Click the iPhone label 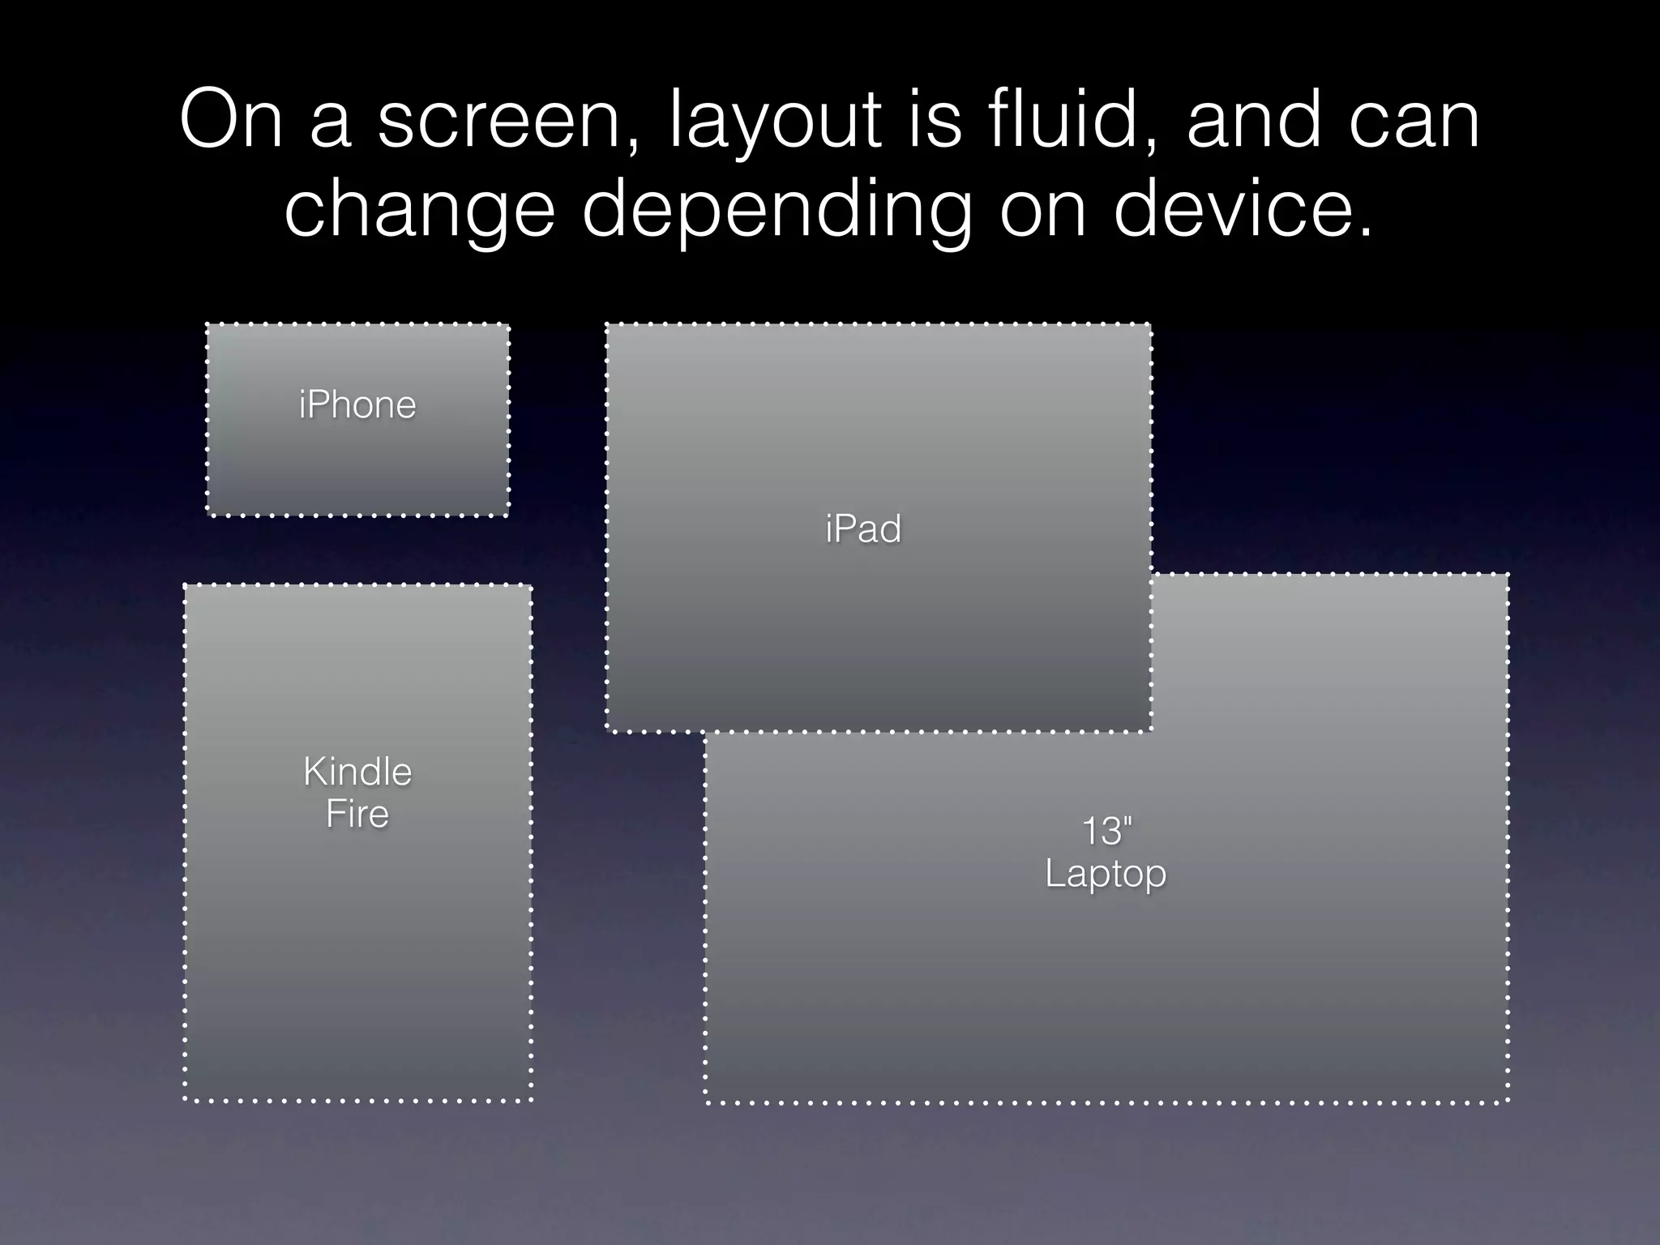(x=357, y=404)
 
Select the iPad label (x=863, y=529)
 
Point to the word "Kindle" (x=357, y=772)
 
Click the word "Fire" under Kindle (x=357, y=814)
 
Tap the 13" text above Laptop (x=1106, y=831)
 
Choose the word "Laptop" (x=1106, y=874)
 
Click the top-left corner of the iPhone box (x=207, y=325)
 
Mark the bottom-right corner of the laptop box (x=1508, y=1102)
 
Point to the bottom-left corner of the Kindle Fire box (x=186, y=1100)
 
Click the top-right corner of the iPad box (x=1150, y=325)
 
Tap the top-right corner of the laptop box (x=1508, y=575)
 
